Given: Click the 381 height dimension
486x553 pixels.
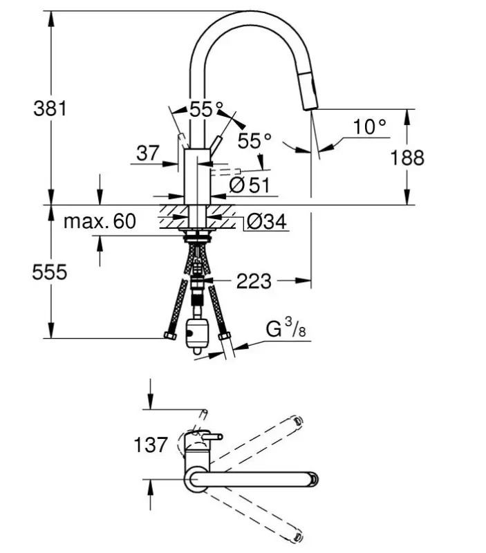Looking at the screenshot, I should click(50, 109).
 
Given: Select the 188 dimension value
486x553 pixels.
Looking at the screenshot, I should click(407, 158).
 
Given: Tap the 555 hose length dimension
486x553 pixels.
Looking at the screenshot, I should click(50, 272).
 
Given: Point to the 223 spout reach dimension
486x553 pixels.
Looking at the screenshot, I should click(254, 281).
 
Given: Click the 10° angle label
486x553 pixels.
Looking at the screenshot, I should click(368, 126).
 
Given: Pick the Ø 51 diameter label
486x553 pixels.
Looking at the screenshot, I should click(248, 185).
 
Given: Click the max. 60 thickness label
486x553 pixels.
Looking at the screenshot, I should click(100, 221).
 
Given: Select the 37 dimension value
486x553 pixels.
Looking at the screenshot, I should click(147, 153).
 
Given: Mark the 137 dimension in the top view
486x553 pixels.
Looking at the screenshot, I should click(150, 444).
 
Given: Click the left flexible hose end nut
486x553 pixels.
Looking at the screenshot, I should click(169, 337).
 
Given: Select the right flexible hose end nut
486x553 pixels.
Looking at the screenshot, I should click(224, 337).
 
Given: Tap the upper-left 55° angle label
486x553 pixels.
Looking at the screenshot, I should click(207, 109).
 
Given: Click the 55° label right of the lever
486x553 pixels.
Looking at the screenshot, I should click(254, 141).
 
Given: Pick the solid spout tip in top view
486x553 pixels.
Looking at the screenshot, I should click(314, 479).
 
